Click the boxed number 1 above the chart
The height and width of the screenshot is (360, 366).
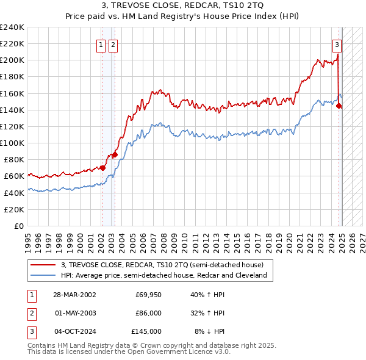pos(102,44)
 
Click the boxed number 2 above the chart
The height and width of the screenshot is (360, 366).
pos(114,44)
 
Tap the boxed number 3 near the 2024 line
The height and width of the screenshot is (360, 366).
pos(336,44)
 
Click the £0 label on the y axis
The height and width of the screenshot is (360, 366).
pos(18,226)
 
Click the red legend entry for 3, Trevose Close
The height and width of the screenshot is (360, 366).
pos(162,265)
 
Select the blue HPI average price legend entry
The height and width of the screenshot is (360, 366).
pos(163,275)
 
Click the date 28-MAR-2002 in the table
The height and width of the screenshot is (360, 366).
pos(76,295)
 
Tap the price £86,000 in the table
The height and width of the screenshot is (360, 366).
pos(148,313)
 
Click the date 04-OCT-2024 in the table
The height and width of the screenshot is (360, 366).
pos(76,331)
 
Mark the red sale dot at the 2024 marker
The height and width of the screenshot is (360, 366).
pos(339,105)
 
